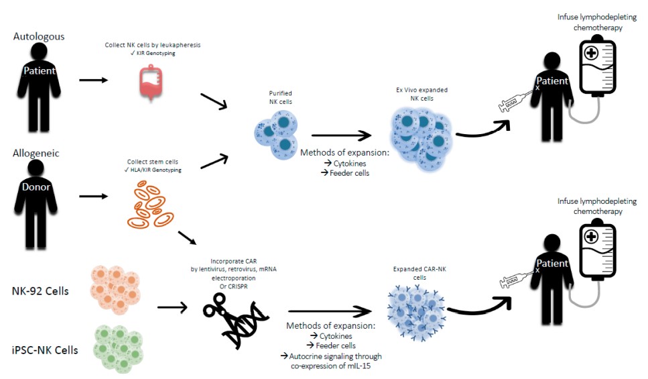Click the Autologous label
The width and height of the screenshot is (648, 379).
(x=39, y=36)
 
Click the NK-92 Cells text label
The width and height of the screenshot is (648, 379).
(x=40, y=291)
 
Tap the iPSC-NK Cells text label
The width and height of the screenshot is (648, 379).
(x=44, y=349)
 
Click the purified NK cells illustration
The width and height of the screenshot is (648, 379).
(x=277, y=131)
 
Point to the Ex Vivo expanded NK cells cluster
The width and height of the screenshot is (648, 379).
(x=420, y=138)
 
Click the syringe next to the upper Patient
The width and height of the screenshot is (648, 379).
(x=515, y=102)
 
